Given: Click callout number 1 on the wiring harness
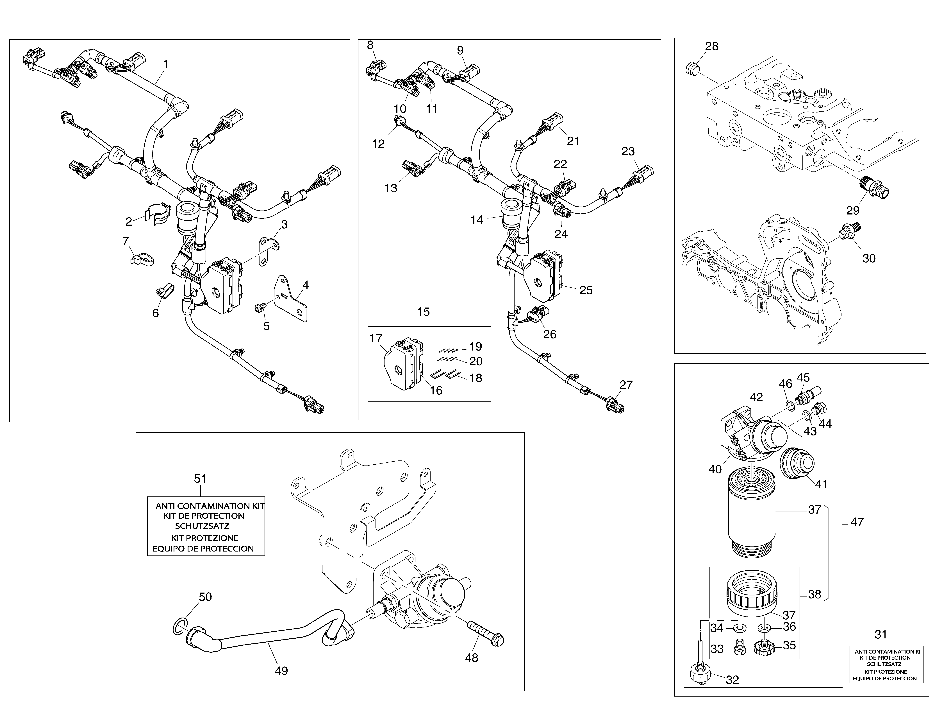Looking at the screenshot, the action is point(165,64).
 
